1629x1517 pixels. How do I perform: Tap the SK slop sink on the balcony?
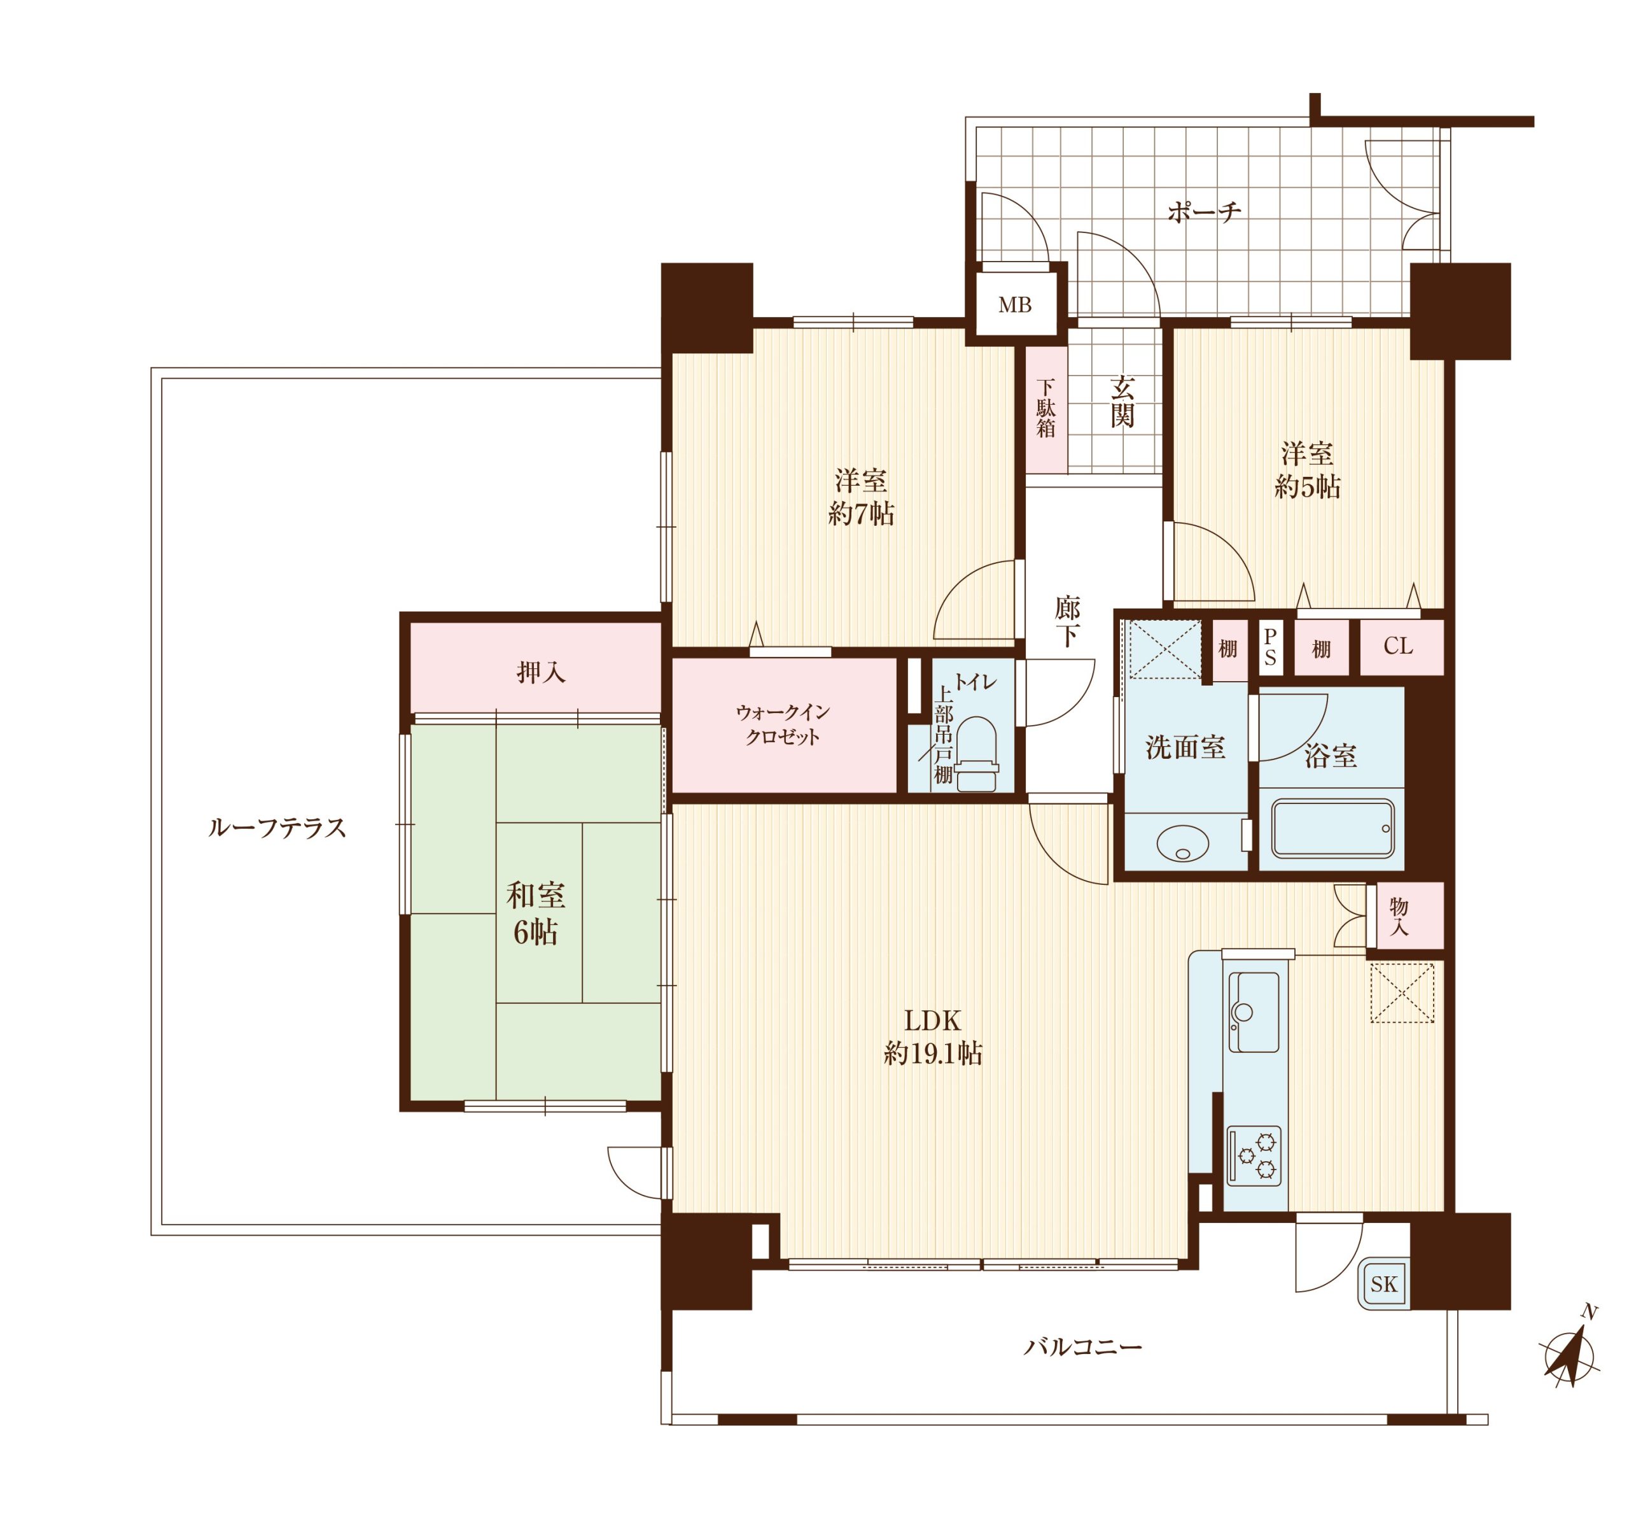[x=1384, y=1284]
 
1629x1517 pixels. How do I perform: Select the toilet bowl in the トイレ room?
[x=975, y=753]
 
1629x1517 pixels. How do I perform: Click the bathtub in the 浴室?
[x=1332, y=829]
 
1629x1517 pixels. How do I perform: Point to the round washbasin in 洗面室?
[x=1182, y=843]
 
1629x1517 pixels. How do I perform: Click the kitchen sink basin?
[x=1253, y=1012]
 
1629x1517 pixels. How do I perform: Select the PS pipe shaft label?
[x=1270, y=647]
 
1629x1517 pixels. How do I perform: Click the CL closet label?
[x=1398, y=647]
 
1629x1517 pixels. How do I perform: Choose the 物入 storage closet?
[x=1409, y=915]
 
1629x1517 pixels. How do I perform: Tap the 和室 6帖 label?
[x=536, y=914]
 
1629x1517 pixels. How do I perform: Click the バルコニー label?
[x=1082, y=1346]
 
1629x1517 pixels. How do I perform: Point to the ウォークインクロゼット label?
[x=783, y=724]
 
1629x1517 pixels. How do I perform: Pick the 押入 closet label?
[x=541, y=672]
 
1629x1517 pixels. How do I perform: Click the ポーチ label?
[x=1204, y=212]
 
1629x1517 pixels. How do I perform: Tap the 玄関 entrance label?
[x=1122, y=402]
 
